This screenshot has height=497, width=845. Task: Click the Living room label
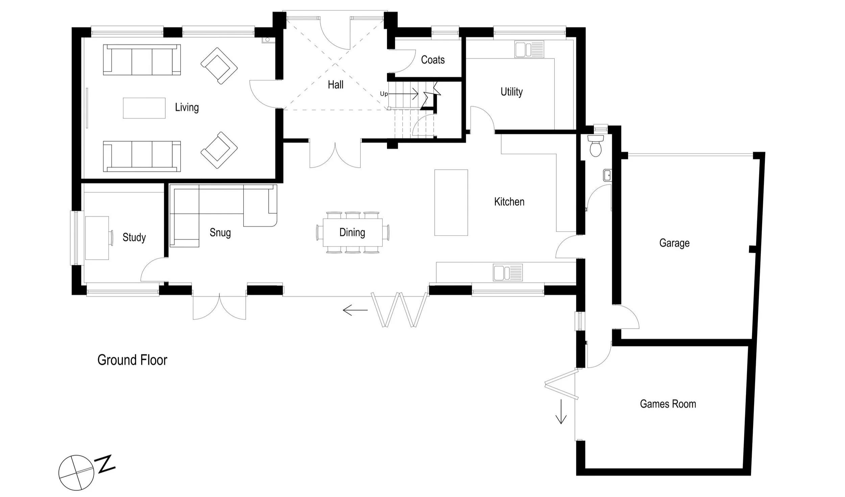(x=187, y=108)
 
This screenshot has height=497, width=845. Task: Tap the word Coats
(x=433, y=60)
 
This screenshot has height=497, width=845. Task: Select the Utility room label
(x=511, y=92)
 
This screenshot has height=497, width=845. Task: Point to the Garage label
(x=674, y=243)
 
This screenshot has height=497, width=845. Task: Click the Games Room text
(x=668, y=404)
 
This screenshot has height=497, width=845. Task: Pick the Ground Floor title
(x=132, y=360)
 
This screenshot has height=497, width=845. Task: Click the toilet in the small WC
(x=596, y=146)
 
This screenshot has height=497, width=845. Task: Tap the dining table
(x=353, y=232)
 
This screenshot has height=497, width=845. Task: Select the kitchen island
(x=451, y=203)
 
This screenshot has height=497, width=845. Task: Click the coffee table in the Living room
(x=144, y=108)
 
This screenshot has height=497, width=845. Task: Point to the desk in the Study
(x=97, y=238)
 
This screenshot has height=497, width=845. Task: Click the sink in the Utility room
(x=529, y=49)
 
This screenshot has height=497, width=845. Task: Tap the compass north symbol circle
(x=76, y=472)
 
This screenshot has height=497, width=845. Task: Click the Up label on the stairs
(x=384, y=94)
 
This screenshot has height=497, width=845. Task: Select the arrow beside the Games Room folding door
(x=561, y=411)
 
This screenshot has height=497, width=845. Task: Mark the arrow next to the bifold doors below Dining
(x=355, y=310)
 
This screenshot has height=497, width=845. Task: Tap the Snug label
(x=220, y=233)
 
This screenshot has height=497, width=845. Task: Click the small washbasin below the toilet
(x=607, y=176)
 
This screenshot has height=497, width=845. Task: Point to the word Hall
(x=336, y=85)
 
